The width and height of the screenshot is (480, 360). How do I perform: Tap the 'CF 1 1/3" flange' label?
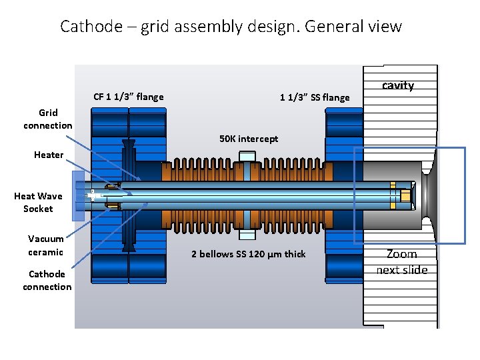[128, 97]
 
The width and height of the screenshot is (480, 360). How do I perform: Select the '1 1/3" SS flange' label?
[314, 97]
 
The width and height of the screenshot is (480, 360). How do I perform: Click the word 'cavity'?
[398, 85]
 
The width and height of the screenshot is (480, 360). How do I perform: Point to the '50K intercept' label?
[249, 139]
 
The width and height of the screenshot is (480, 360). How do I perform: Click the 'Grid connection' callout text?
[48, 119]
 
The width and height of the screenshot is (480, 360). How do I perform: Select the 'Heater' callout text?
[49, 155]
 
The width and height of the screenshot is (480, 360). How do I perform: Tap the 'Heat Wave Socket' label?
[38, 202]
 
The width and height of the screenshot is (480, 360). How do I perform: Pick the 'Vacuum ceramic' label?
[46, 245]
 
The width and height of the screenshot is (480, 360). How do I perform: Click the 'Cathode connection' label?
[47, 280]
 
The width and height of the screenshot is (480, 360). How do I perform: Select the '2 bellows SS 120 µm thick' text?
[248, 254]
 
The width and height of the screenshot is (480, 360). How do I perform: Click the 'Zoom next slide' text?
[401, 262]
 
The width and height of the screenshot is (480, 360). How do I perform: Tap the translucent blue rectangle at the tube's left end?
[78, 195]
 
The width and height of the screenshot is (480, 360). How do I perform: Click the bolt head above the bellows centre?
[247, 157]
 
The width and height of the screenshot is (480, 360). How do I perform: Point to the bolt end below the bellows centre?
[247, 234]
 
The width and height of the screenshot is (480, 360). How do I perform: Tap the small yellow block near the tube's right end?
[404, 195]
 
